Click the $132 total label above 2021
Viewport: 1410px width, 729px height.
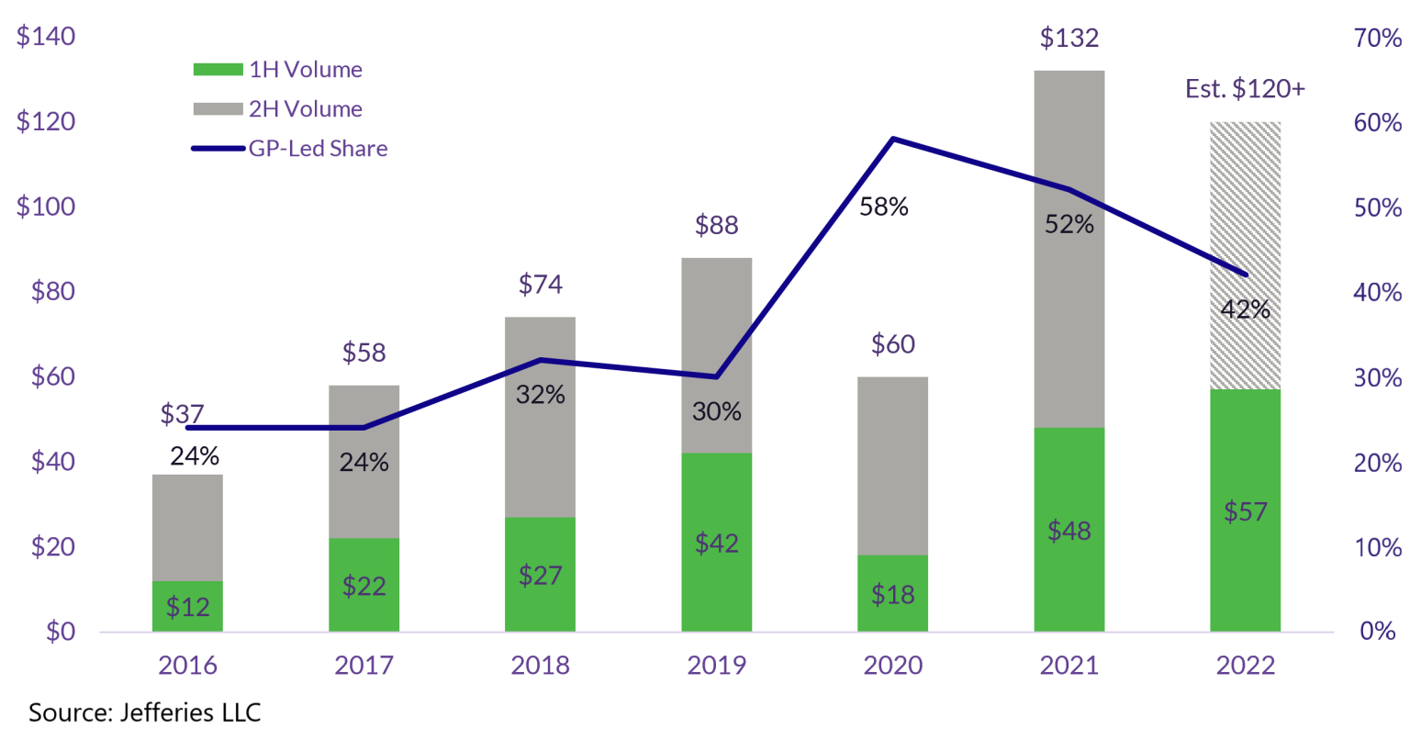pyautogui.click(x=1069, y=39)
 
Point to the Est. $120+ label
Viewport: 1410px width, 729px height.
pyautogui.click(x=1245, y=89)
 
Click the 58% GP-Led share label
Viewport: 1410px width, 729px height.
pyautogui.click(x=883, y=207)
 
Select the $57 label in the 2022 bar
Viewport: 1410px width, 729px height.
pyautogui.click(x=1245, y=511)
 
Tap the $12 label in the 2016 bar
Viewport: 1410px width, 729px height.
pyautogui.click(x=187, y=607)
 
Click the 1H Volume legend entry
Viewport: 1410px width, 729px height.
pyautogui.click(x=277, y=70)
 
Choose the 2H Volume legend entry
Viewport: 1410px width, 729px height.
pyautogui.click(x=277, y=109)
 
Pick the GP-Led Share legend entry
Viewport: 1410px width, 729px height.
pyautogui.click(x=289, y=149)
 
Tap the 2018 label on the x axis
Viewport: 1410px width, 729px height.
pyautogui.click(x=540, y=666)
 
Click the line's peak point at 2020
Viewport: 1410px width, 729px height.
pyautogui.click(x=892, y=139)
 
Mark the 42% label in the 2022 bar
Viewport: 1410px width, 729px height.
pyautogui.click(x=1245, y=310)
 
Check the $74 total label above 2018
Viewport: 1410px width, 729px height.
pyautogui.click(x=540, y=285)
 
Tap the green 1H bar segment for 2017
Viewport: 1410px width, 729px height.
pyautogui.click(x=364, y=584)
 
